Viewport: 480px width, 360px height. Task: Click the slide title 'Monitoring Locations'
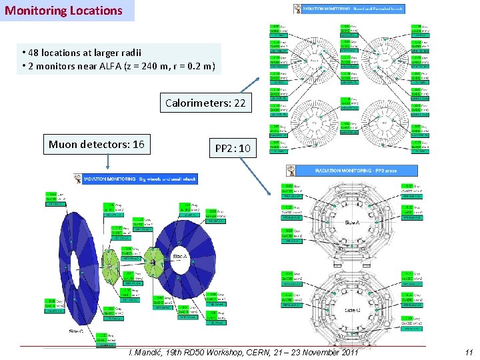64,11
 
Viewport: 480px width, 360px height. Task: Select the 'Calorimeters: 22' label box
205,103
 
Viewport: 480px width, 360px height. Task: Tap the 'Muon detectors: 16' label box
97,144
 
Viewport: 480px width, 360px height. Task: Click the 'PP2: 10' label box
233,148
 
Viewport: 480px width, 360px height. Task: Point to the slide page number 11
469,352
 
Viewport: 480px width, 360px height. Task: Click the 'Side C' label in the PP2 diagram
352,310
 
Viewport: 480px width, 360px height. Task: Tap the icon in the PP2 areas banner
291,171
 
